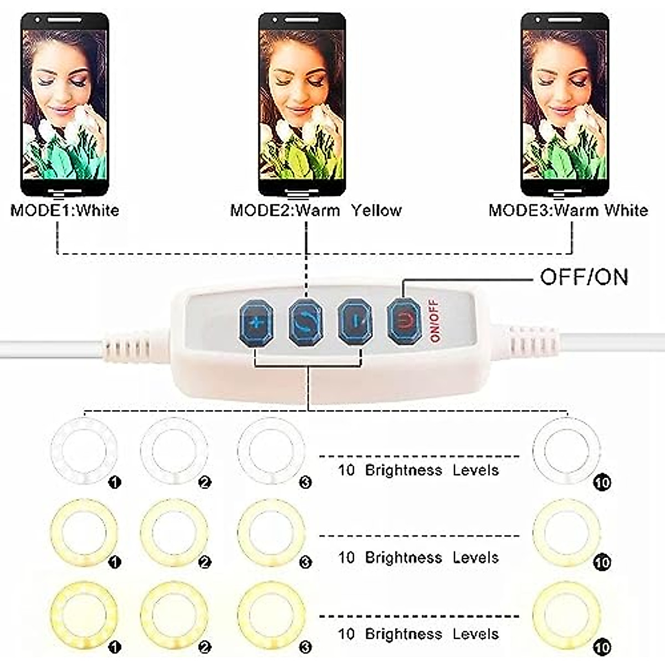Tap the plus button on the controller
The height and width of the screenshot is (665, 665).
click(x=256, y=322)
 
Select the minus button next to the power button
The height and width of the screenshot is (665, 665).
click(x=355, y=321)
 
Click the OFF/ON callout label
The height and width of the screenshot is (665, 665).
click(x=584, y=277)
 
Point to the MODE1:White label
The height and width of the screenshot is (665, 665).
click(x=65, y=211)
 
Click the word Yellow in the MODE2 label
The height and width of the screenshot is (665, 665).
click(x=376, y=211)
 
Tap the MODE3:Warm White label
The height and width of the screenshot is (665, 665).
click(x=568, y=211)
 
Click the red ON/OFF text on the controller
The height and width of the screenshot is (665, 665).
click(x=434, y=321)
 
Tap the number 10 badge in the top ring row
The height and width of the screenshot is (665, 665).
click(x=602, y=483)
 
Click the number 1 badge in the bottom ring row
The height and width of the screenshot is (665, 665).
click(x=115, y=647)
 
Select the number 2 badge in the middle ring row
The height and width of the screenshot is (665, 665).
click(x=204, y=562)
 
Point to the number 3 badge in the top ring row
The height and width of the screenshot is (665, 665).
click(x=305, y=483)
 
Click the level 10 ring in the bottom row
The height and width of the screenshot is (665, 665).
click(x=566, y=615)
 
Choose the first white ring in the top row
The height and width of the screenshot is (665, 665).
click(x=84, y=451)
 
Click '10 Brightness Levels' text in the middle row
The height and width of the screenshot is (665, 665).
click(x=418, y=557)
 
